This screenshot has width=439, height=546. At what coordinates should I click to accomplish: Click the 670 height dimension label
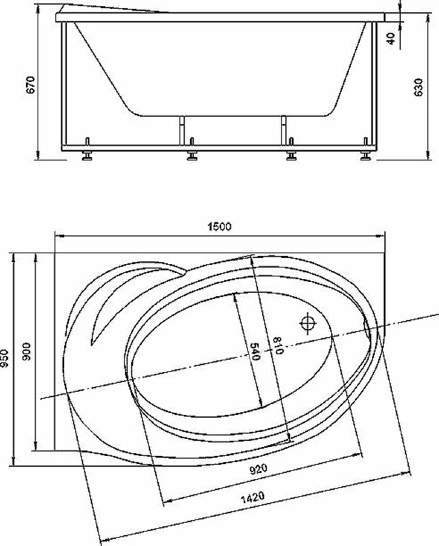[31, 85]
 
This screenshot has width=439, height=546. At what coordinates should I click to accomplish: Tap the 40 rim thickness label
[391, 38]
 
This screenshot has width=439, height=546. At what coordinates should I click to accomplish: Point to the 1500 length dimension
[220, 227]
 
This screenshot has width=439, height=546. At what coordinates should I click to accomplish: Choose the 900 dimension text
[27, 351]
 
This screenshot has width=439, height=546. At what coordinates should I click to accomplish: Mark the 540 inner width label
[256, 351]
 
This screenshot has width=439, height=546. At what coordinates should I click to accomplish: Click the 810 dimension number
[278, 345]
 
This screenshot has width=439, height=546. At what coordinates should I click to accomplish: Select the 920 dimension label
[258, 469]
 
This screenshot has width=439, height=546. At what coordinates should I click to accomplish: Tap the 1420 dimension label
[253, 497]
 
